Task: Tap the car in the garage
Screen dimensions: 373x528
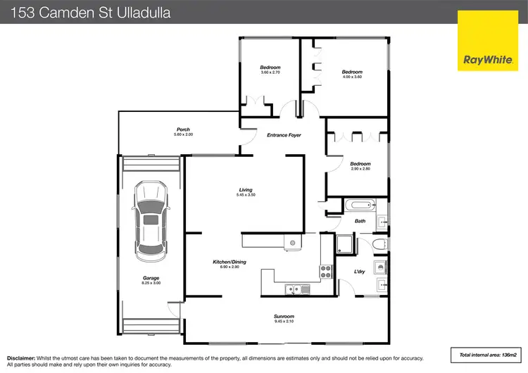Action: pos(151,219)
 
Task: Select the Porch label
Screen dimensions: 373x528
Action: pos(183,129)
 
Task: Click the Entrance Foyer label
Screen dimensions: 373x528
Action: pos(284,135)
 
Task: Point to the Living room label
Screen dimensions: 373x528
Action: pos(246,189)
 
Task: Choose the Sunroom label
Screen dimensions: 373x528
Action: pos(284,317)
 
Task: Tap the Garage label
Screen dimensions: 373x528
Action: pos(151,278)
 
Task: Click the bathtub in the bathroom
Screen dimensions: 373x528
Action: pos(360,207)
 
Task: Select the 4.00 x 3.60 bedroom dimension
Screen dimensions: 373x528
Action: pos(352,77)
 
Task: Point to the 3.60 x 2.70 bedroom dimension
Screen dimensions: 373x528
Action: pos(271,72)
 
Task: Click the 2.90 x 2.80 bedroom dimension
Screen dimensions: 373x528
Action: pos(360,169)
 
